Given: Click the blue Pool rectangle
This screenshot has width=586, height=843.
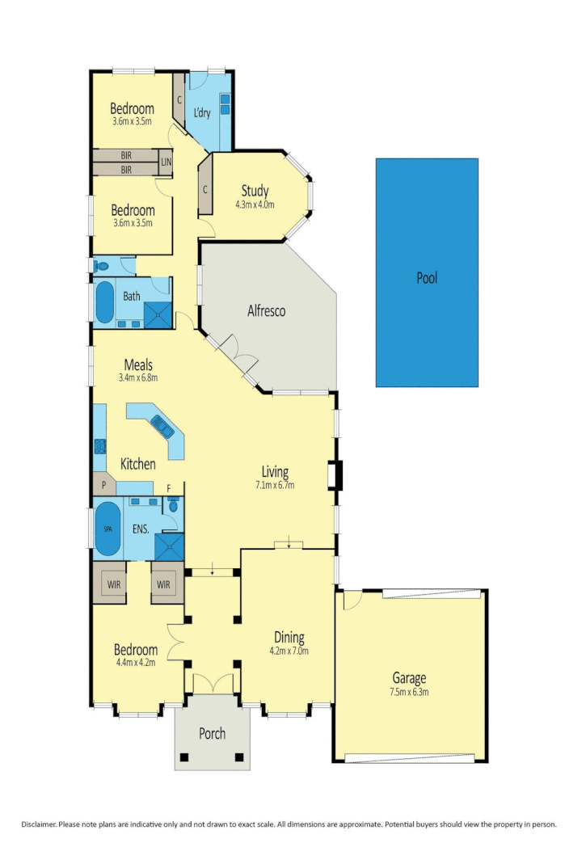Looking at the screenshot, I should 427,272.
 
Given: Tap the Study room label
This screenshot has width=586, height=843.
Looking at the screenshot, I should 255,192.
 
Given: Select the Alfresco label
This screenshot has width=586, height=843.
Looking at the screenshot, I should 267,310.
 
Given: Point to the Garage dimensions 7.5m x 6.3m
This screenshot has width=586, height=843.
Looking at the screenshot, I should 410,692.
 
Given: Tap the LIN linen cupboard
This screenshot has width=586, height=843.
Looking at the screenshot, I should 166,162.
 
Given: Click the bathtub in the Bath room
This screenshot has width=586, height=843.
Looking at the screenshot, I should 105,302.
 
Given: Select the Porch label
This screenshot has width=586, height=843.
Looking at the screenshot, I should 213,734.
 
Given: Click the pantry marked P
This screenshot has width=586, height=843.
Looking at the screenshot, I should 104,486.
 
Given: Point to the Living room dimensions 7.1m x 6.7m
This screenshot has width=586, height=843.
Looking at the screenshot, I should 275,486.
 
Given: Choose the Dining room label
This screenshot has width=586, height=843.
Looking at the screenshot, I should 289,637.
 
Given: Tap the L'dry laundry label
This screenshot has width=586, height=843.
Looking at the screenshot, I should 202,113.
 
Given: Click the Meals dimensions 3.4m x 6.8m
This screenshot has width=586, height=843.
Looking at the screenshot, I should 138,377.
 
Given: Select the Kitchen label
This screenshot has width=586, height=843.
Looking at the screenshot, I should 138,465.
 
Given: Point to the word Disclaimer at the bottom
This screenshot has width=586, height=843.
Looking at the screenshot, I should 39,824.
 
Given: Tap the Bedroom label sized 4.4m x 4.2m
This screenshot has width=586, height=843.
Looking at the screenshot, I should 135,650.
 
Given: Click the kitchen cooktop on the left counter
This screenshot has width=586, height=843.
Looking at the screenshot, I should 101,445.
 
